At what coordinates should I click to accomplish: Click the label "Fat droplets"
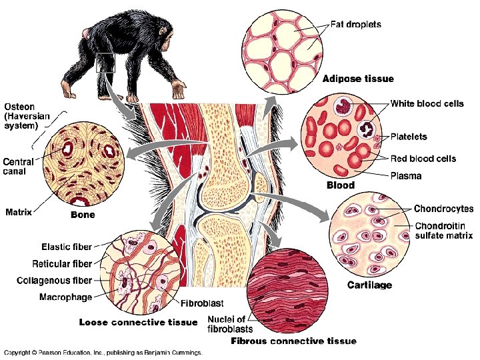click(x=356, y=25)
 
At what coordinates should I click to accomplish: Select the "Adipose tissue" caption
click(x=358, y=79)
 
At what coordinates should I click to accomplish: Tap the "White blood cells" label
click(x=427, y=103)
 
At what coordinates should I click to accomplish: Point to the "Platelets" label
click(x=409, y=137)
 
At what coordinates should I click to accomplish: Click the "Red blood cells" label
click(x=423, y=159)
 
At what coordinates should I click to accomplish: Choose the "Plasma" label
click(x=406, y=176)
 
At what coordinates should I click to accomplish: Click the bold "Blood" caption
click(x=340, y=185)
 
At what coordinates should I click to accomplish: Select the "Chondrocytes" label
click(x=443, y=209)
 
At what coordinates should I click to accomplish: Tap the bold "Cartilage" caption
click(x=369, y=285)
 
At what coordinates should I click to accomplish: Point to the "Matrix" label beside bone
click(x=19, y=212)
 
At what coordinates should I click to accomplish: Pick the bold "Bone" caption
click(x=83, y=215)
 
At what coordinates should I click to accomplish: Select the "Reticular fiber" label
click(x=63, y=264)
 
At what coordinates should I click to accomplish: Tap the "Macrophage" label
click(x=66, y=296)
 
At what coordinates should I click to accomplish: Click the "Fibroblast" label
click(x=202, y=303)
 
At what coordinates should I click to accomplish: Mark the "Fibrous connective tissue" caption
click(x=293, y=341)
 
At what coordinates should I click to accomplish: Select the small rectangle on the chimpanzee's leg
click(x=105, y=62)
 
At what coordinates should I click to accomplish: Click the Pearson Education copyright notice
click(x=103, y=352)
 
